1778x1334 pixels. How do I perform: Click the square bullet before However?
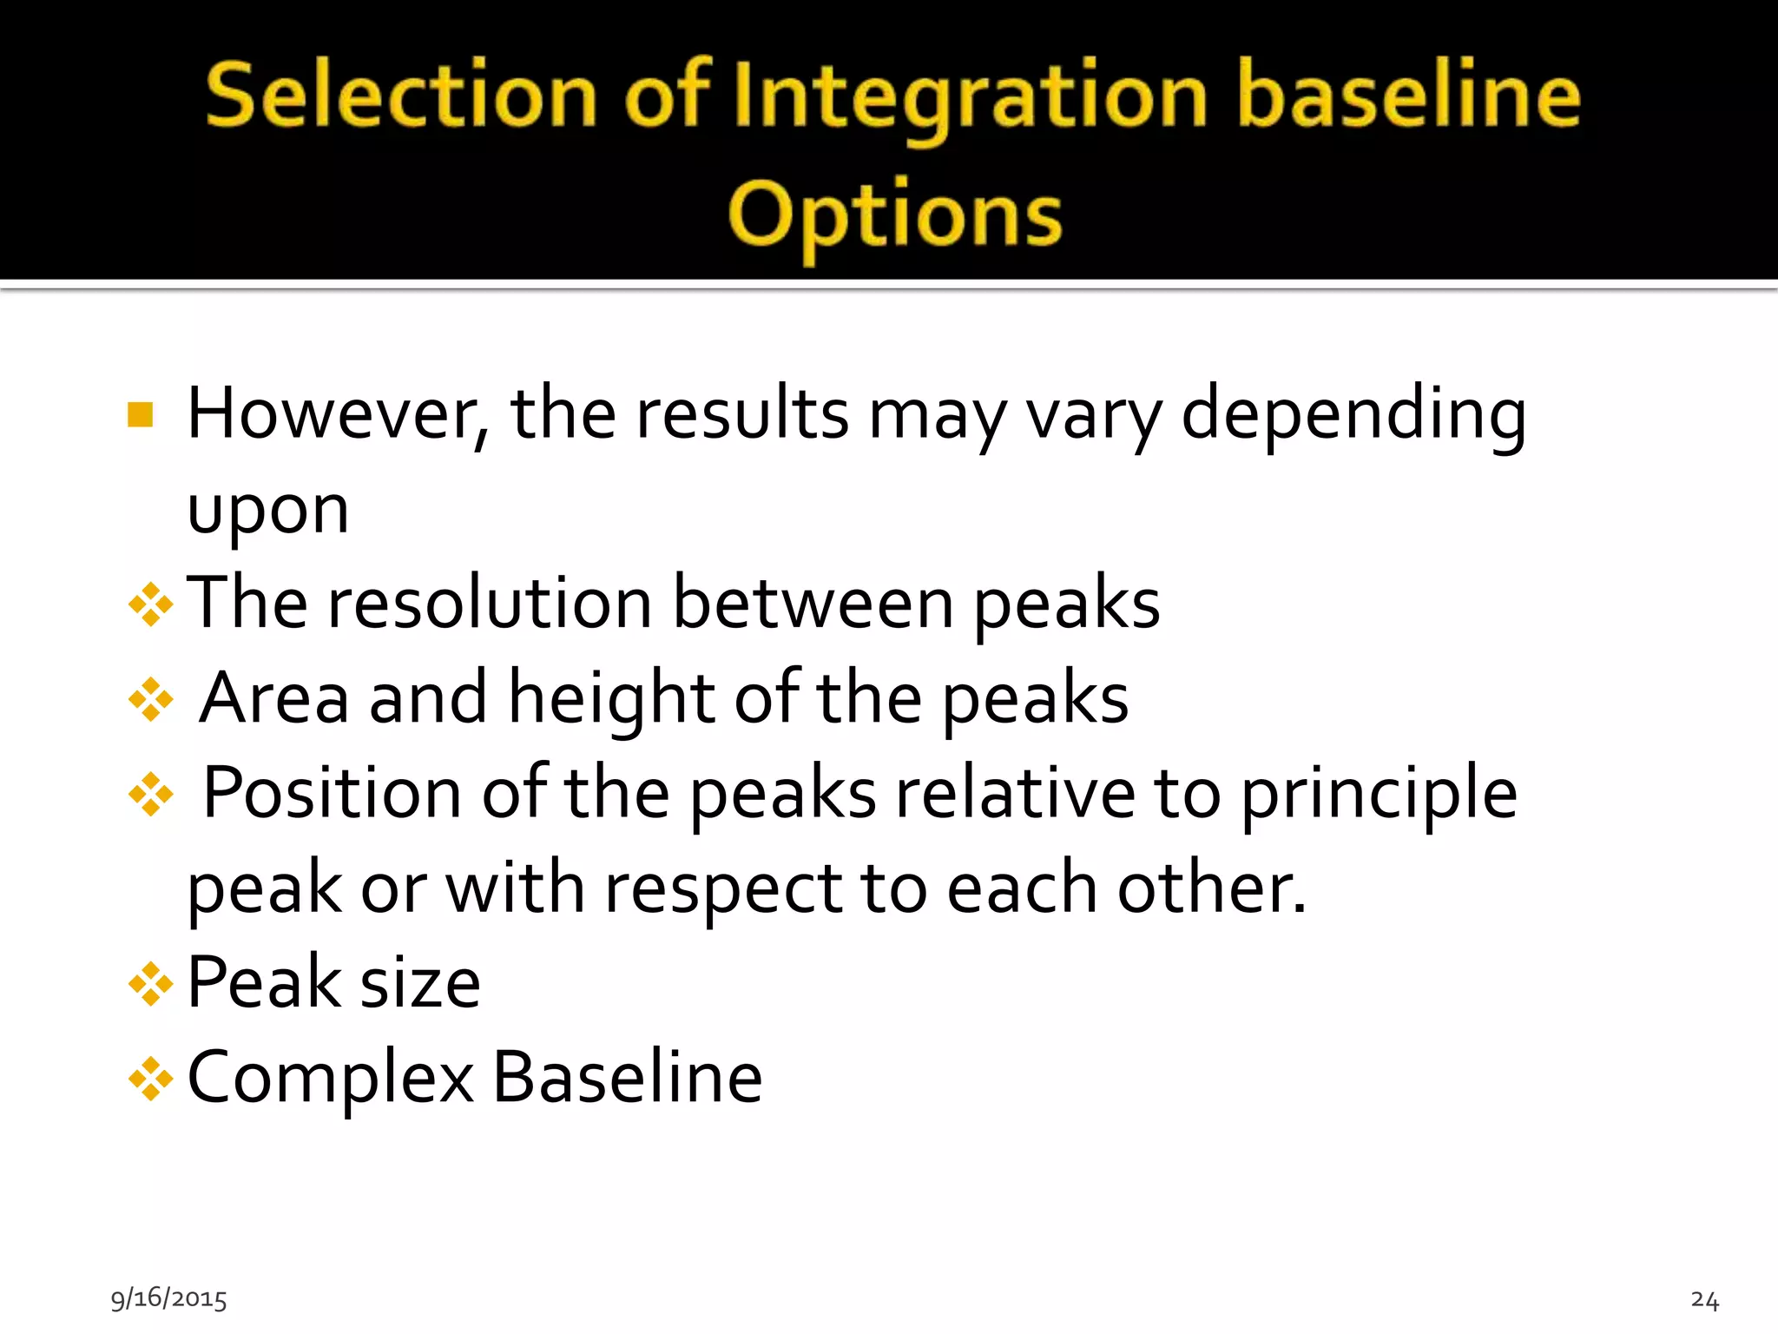pyautogui.click(x=140, y=415)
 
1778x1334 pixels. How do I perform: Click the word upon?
pyautogui.click(x=267, y=511)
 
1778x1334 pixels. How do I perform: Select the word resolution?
pyautogui.click(x=489, y=604)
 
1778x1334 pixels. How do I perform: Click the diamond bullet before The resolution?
pyautogui.click(x=151, y=604)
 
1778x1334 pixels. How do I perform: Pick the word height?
pyautogui.click(x=611, y=698)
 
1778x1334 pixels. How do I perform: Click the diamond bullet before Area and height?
pyautogui.click(x=151, y=699)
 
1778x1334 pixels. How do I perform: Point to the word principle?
pyautogui.click(x=1379, y=795)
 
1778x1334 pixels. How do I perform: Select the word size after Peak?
pyautogui.click(x=420, y=983)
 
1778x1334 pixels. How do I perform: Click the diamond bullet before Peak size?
pyautogui.click(x=151, y=984)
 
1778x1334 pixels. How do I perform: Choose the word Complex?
pyautogui.click(x=330, y=1079)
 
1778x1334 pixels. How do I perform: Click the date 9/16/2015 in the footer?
pyautogui.click(x=168, y=1298)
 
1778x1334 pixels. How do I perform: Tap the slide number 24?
pyautogui.click(x=1704, y=1300)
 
